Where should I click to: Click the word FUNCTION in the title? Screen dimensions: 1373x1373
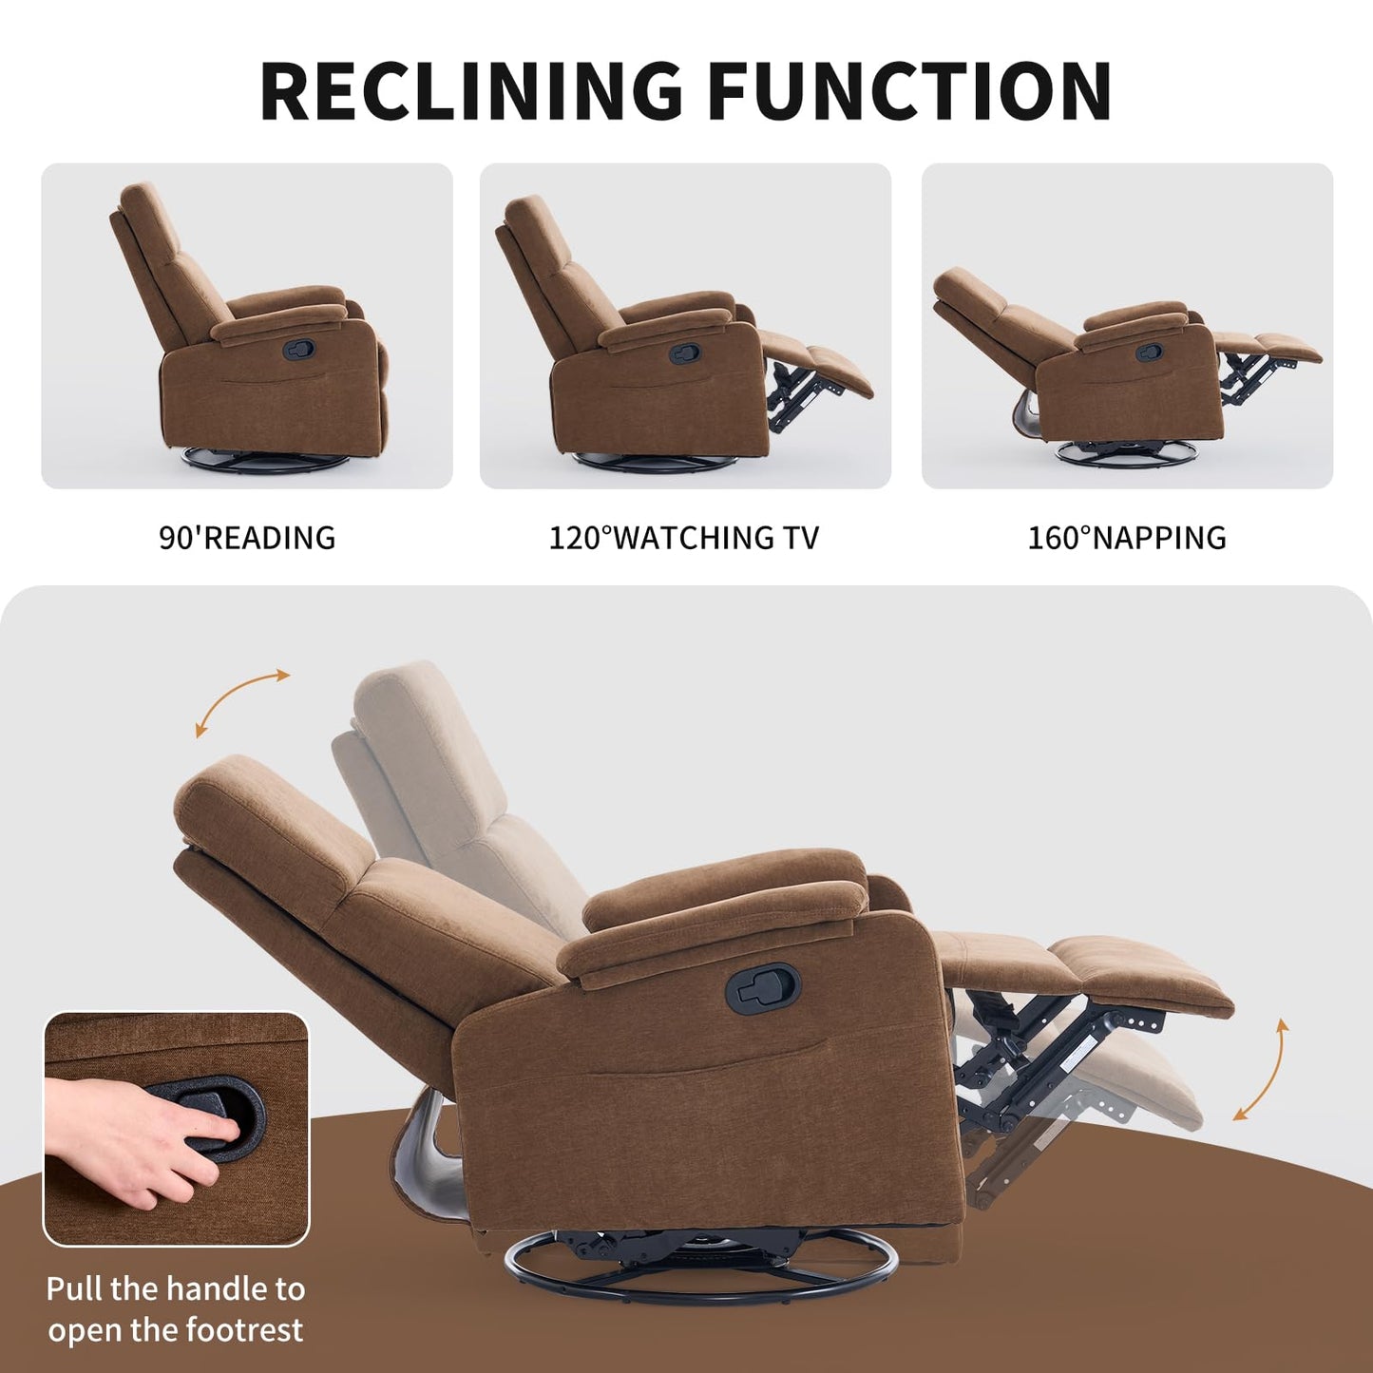click(x=909, y=91)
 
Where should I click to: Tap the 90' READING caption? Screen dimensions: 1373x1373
click(x=247, y=538)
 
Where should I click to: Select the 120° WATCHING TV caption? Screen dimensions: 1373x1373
click(x=684, y=538)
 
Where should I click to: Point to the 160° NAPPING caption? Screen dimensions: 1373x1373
click(x=1127, y=538)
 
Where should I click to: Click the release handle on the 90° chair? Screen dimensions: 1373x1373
click(x=297, y=349)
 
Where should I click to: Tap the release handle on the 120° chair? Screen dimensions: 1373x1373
click(x=684, y=354)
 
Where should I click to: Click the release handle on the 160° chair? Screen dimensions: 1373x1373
click(x=1150, y=352)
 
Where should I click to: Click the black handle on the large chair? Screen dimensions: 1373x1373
click(x=763, y=988)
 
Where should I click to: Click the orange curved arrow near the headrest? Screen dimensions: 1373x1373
click(x=241, y=701)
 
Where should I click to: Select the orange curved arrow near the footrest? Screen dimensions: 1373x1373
click(x=1263, y=1070)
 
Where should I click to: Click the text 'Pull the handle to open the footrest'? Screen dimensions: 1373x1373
click(x=176, y=1309)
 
